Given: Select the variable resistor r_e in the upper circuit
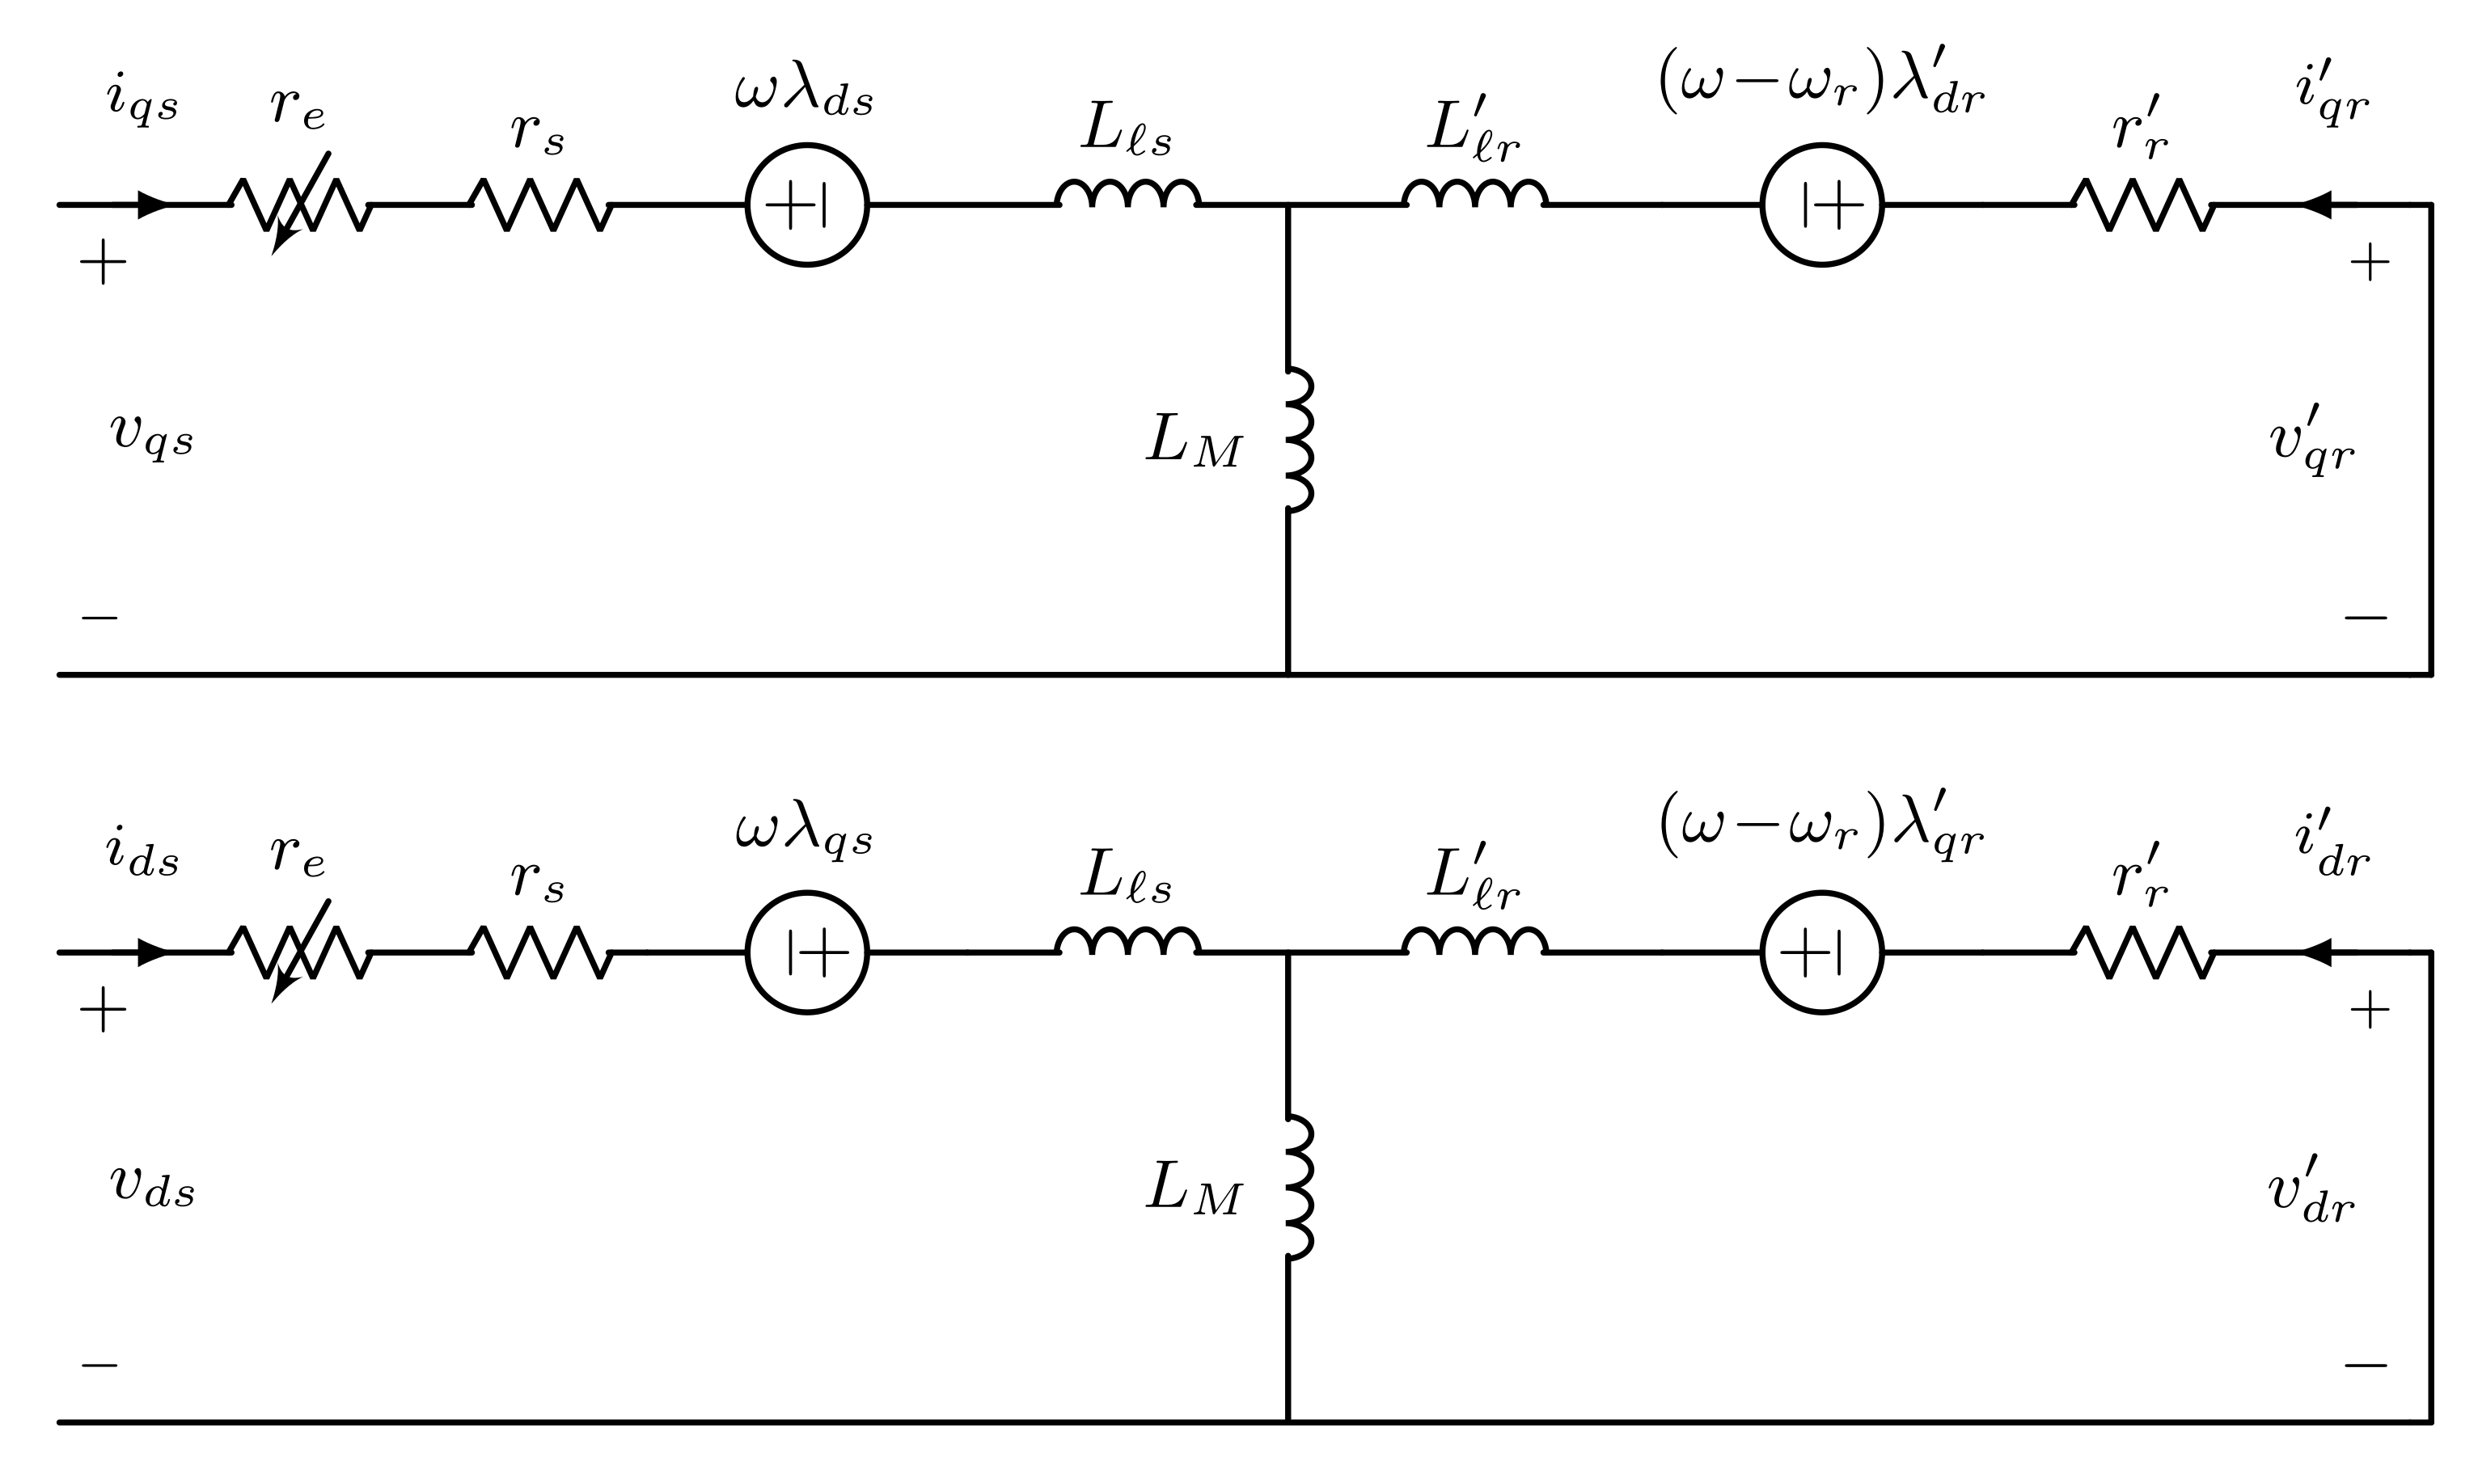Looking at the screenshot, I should pyautogui.click(x=300, y=205).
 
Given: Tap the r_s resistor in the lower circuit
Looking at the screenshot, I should pyautogui.click(x=540, y=952).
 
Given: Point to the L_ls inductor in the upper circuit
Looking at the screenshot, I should pyautogui.click(x=1127, y=195).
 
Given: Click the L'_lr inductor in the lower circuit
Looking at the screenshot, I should pyautogui.click(x=1474, y=942).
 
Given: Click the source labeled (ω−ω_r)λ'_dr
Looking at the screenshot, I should pyautogui.click(x=1821, y=205).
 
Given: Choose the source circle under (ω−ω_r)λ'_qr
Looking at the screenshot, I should pyautogui.click(x=1821, y=952).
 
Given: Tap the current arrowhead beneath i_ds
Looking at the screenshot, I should pyautogui.click(x=152, y=952).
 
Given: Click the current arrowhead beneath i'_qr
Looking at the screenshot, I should pyautogui.click(x=2316, y=205).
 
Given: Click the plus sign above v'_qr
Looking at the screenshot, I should pyautogui.click(x=2370, y=263).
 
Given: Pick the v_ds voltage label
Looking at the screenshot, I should pyautogui.click(x=151, y=1184).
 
